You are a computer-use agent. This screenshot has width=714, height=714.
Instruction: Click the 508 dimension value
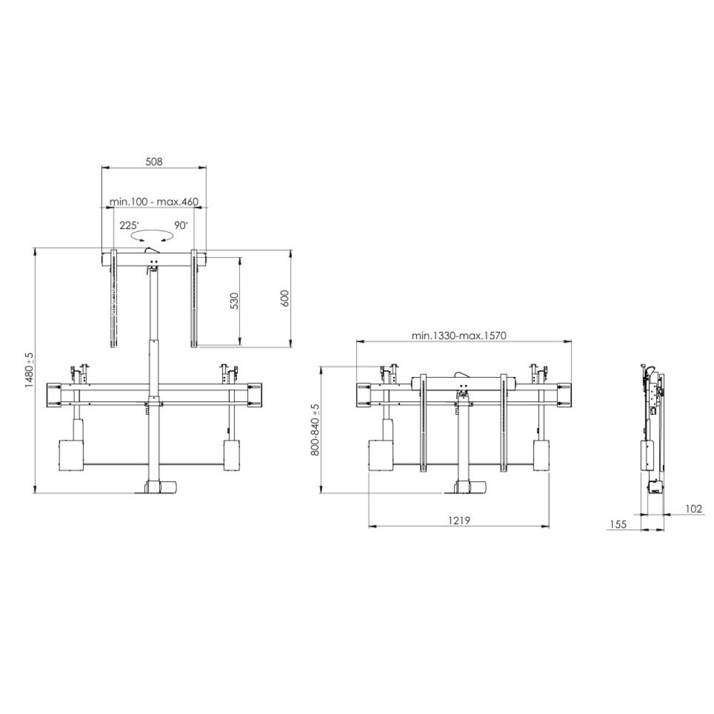pyautogui.click(x=154, y=161)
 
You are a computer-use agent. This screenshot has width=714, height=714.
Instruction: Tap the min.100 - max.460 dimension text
pyautogui.click(x=154, y=201)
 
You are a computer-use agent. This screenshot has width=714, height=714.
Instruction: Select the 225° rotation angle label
pyautogui.click(x=130, y=225)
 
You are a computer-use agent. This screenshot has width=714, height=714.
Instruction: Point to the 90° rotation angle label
pyautogui.click(x=181, y=225)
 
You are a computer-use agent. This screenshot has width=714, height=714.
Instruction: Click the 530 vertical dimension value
pyautogui.click(x=234, y=301)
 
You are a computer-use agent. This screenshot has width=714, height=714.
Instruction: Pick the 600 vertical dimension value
pyautogui.click(x=285, y=298)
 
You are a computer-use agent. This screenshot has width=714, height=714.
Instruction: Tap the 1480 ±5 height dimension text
pyautogui.click(x=29, y=369)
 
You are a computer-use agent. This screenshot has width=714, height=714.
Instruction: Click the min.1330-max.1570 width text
pyautogui.click(x=458, y=336)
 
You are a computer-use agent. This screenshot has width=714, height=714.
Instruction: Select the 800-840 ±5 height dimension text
pyautogui.click(x=315, y=429)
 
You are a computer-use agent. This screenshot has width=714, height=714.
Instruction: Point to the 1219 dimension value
pyautogui.click(x=459, y=520)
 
